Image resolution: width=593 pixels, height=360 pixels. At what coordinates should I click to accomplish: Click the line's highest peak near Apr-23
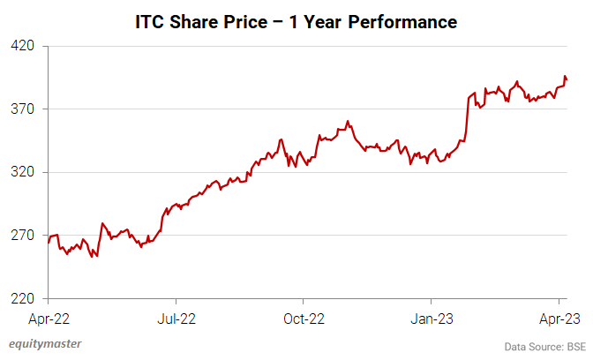pos(564,77)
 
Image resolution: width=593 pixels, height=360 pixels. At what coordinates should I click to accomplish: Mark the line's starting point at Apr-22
pos(49,241)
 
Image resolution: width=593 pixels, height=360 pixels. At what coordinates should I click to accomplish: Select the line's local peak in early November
pos(349,122)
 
